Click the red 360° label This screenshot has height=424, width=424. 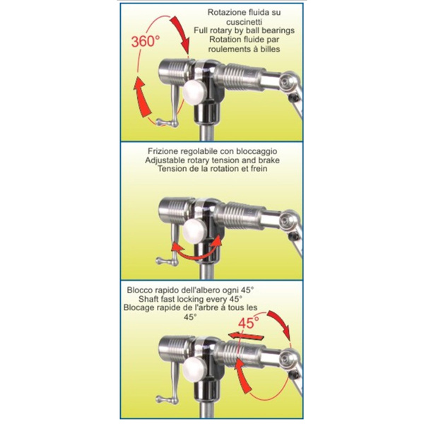pos(146,42)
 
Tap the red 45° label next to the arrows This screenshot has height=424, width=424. pos(249,323)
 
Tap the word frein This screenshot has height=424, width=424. pos(259,169)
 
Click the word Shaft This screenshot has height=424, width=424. pos(148,299)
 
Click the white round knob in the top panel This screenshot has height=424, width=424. pos(194,92)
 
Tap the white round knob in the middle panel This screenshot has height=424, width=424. pos(194,230)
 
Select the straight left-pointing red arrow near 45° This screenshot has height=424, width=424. pos(245,337)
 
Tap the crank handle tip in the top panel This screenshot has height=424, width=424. pos(160,123)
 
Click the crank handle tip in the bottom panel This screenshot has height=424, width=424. pos(160,399)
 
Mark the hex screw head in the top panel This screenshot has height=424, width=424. pos(285,83)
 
